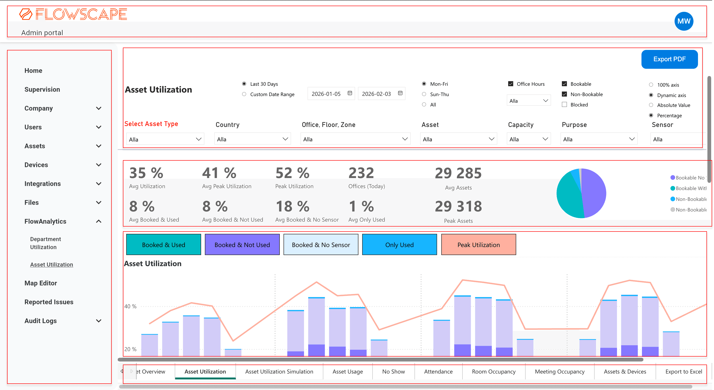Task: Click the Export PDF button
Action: point(669,59)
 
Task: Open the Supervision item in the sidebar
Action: point(42,89)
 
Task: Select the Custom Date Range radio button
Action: point(244,94)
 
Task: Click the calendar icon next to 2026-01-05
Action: point(350,93)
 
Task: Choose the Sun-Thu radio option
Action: point(424,94)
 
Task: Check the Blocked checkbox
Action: point(564,105)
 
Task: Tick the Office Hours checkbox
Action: point(511,84)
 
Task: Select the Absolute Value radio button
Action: point(651,105)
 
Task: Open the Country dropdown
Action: point(252,139)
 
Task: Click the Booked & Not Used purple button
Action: point(242,245)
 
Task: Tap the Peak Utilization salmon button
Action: point(479,245)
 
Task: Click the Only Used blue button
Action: point(399,245)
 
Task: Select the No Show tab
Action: point(393,371)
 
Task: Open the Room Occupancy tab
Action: point(493,371)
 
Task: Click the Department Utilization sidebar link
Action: point(45,243)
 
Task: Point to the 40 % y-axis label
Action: point(130,306)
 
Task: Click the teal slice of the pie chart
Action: point(568,197)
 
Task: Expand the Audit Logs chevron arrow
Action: point(98,321)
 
